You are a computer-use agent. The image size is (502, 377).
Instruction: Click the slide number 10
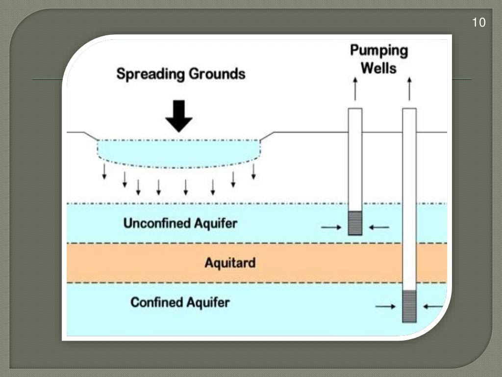point(478,23)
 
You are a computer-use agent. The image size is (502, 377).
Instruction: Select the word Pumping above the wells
point(378,51)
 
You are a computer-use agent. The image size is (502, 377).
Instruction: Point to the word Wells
point(378,68)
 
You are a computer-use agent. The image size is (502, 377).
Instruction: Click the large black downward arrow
point(179,116)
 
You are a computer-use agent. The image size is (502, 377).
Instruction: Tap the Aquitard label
point(230,263)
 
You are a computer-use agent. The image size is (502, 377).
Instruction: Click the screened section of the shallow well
point(355,223)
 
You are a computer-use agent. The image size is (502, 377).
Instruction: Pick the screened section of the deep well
point(409,306)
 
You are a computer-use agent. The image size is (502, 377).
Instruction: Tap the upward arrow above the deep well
point(409,88)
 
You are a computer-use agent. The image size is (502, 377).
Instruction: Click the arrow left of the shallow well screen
point(330,227)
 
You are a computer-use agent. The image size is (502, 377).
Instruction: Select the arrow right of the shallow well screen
point(379,227)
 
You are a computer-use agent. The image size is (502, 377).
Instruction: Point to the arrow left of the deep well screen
point(385,307)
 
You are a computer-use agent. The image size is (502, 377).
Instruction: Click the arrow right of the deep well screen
point(433,307)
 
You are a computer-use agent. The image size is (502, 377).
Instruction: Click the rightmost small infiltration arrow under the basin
point(253,171)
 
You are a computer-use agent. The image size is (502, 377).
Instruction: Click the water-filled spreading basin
point(179,153)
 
